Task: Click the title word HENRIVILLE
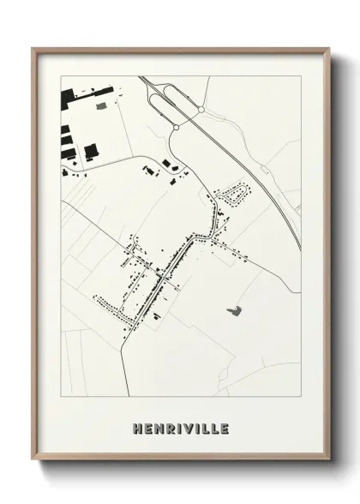coord(181,428)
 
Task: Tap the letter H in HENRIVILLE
coord(138,428)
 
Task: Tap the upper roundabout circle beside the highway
coord(200,111)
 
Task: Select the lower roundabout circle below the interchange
coord(175,128)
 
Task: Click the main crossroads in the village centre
coord(163,275)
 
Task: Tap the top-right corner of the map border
coord(301,75)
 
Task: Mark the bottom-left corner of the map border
coord(60,397)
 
